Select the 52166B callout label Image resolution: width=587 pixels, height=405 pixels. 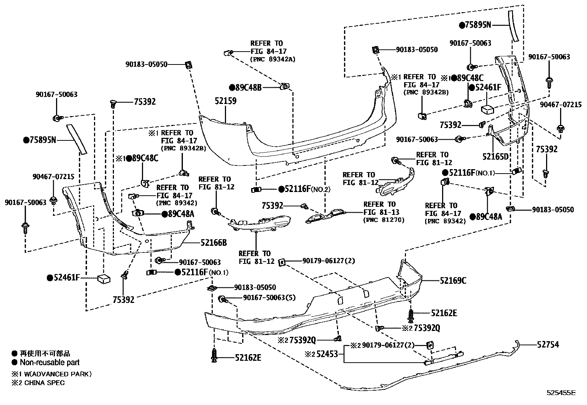[x=213, y=243]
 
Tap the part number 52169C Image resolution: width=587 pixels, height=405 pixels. [x=453, y=281]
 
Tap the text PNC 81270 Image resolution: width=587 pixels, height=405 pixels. [x=384, y=220]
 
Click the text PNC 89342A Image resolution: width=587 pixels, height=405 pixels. [x=273, y=59]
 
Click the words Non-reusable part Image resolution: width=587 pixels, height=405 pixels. [x=50, y=363]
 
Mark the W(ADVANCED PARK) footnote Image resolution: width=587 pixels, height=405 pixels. [x=52, y=374]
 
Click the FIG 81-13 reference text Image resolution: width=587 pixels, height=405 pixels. [x=379, y=212]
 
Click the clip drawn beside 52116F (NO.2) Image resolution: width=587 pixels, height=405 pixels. [x=256, y=190]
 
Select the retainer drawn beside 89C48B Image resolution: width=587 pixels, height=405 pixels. [x=285, y=87]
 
